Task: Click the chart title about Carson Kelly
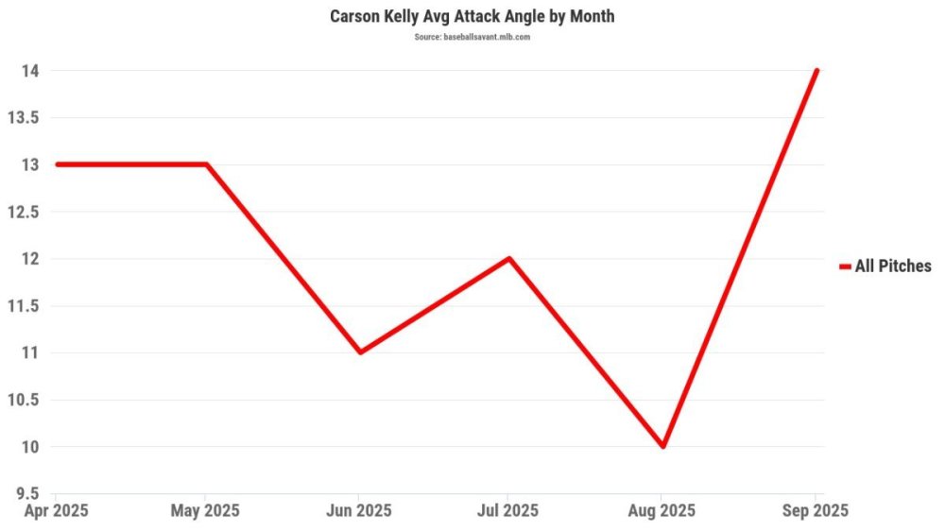pos(472,17)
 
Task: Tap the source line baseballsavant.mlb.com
pos(472,37)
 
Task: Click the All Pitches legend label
pos(893,266)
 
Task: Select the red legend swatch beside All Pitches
pos(845,266)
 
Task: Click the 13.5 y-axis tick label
pos(26,118)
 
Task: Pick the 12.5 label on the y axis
pos(26,212)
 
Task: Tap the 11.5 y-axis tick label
pos(26,306)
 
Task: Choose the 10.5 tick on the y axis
pos(26,400)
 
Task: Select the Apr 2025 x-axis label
pos(57,511)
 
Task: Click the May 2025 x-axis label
pos(206,511)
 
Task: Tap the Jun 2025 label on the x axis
pos(359,511)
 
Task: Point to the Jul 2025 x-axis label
pos(508,511)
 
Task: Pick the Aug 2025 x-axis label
pos(662,511)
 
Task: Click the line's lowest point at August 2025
pos(663,446)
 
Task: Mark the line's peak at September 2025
pos(816,71)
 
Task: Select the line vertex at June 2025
pos(359,352)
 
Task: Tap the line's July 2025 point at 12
pos(509,258)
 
